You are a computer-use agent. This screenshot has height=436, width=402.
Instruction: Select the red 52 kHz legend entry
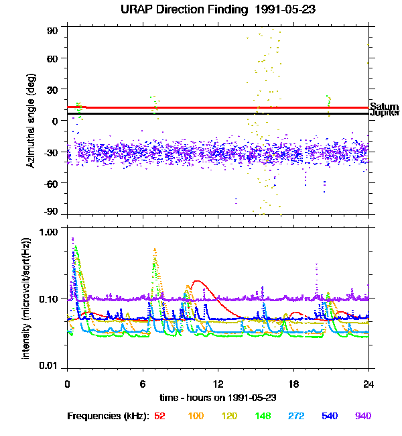[x=159, y=416]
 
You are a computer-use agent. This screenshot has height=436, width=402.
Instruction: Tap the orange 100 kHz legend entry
[x=196, y=416]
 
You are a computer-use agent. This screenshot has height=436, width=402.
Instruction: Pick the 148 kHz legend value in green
[x=263, y=416]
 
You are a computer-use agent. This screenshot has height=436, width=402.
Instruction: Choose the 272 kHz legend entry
[x=296, y=416]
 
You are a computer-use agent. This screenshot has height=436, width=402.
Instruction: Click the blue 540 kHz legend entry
[x=330, y=416]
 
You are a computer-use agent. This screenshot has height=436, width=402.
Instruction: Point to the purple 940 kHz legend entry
[x=362, y=416]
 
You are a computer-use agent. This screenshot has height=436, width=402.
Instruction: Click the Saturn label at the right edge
[x=385, y=107]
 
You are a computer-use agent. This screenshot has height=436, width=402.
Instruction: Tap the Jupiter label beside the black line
[x=385, y=113]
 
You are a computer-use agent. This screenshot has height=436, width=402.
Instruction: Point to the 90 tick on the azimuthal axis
[x=53, y=31]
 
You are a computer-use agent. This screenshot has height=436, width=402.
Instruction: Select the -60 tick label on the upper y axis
[x=51, y=182]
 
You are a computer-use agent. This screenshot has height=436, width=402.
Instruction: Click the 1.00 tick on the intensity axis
[x=49, y=232]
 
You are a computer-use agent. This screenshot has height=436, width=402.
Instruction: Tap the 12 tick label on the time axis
[x=218, y=384]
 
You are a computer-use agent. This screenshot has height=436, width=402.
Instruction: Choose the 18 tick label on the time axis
[x=293, y=384]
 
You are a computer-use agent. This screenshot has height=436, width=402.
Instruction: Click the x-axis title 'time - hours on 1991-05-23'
[x=216, y=398]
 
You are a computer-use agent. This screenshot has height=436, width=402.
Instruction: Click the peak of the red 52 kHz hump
[x=198, y=281]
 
